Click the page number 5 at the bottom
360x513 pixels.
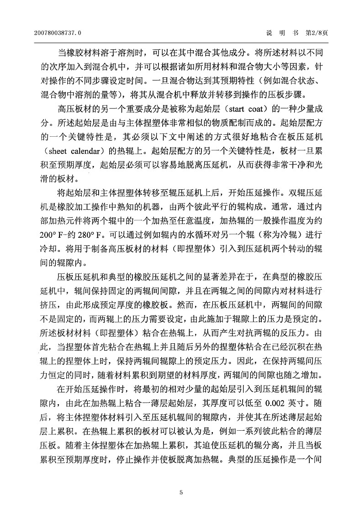click(181, 492)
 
